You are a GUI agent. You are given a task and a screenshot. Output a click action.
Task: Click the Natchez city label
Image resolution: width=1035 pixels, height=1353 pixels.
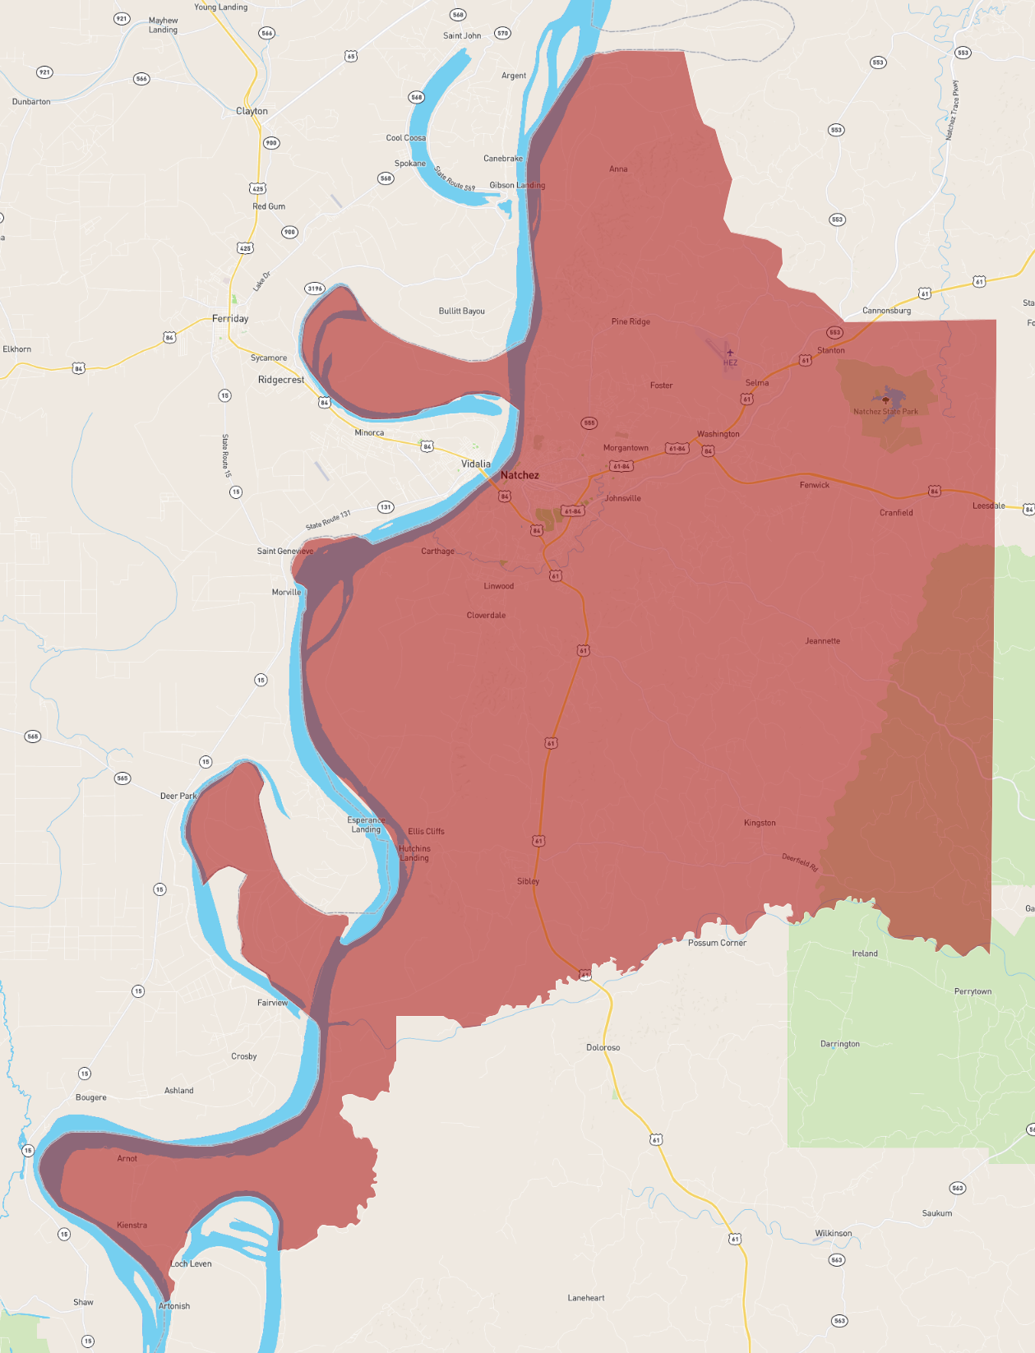[520, 475]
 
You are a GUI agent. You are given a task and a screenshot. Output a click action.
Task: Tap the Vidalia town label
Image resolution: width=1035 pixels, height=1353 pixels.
[475, 464]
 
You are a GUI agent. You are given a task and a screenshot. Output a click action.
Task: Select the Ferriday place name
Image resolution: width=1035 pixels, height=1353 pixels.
[230, 318]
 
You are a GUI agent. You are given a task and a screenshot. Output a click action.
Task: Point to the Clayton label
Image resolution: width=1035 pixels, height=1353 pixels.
[252, 111]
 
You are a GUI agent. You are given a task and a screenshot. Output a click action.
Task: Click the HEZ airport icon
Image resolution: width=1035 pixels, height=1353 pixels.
[730, 353]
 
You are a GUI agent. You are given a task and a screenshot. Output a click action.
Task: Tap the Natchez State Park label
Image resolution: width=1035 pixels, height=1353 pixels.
[885, 412]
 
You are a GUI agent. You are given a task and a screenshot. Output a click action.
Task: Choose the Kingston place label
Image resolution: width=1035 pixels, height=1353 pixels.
[760, 823]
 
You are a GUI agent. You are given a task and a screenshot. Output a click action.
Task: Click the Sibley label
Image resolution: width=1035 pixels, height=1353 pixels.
[528, 881]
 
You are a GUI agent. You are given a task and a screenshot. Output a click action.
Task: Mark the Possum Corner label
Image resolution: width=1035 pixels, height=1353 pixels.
[717, 943]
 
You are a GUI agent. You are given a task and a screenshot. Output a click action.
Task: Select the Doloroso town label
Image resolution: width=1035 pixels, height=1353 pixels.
[603, 1047]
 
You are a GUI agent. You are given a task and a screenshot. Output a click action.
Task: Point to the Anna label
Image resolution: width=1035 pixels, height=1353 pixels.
[618, 169]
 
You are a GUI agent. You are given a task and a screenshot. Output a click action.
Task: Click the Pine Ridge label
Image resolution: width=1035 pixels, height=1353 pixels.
[631, 321]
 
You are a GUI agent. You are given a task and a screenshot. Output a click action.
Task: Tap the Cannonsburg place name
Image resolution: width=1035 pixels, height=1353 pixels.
[886, 311]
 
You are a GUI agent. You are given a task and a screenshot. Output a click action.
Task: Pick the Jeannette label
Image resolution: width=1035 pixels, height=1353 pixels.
[822, 641]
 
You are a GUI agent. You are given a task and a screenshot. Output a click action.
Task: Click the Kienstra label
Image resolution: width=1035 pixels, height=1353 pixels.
[132, 1225]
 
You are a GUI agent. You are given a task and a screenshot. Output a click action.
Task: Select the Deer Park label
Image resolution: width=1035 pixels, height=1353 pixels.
[178, 796]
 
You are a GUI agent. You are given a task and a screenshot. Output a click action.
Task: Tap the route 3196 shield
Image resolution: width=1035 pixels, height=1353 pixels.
[315, 289]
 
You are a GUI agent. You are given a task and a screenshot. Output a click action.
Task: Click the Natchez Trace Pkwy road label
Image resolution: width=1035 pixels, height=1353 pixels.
[951, 110]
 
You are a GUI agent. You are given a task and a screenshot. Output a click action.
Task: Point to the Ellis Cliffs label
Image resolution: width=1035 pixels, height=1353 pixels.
[426, 831]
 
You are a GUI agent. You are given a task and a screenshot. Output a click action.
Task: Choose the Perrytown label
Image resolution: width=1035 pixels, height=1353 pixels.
[973, 991]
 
